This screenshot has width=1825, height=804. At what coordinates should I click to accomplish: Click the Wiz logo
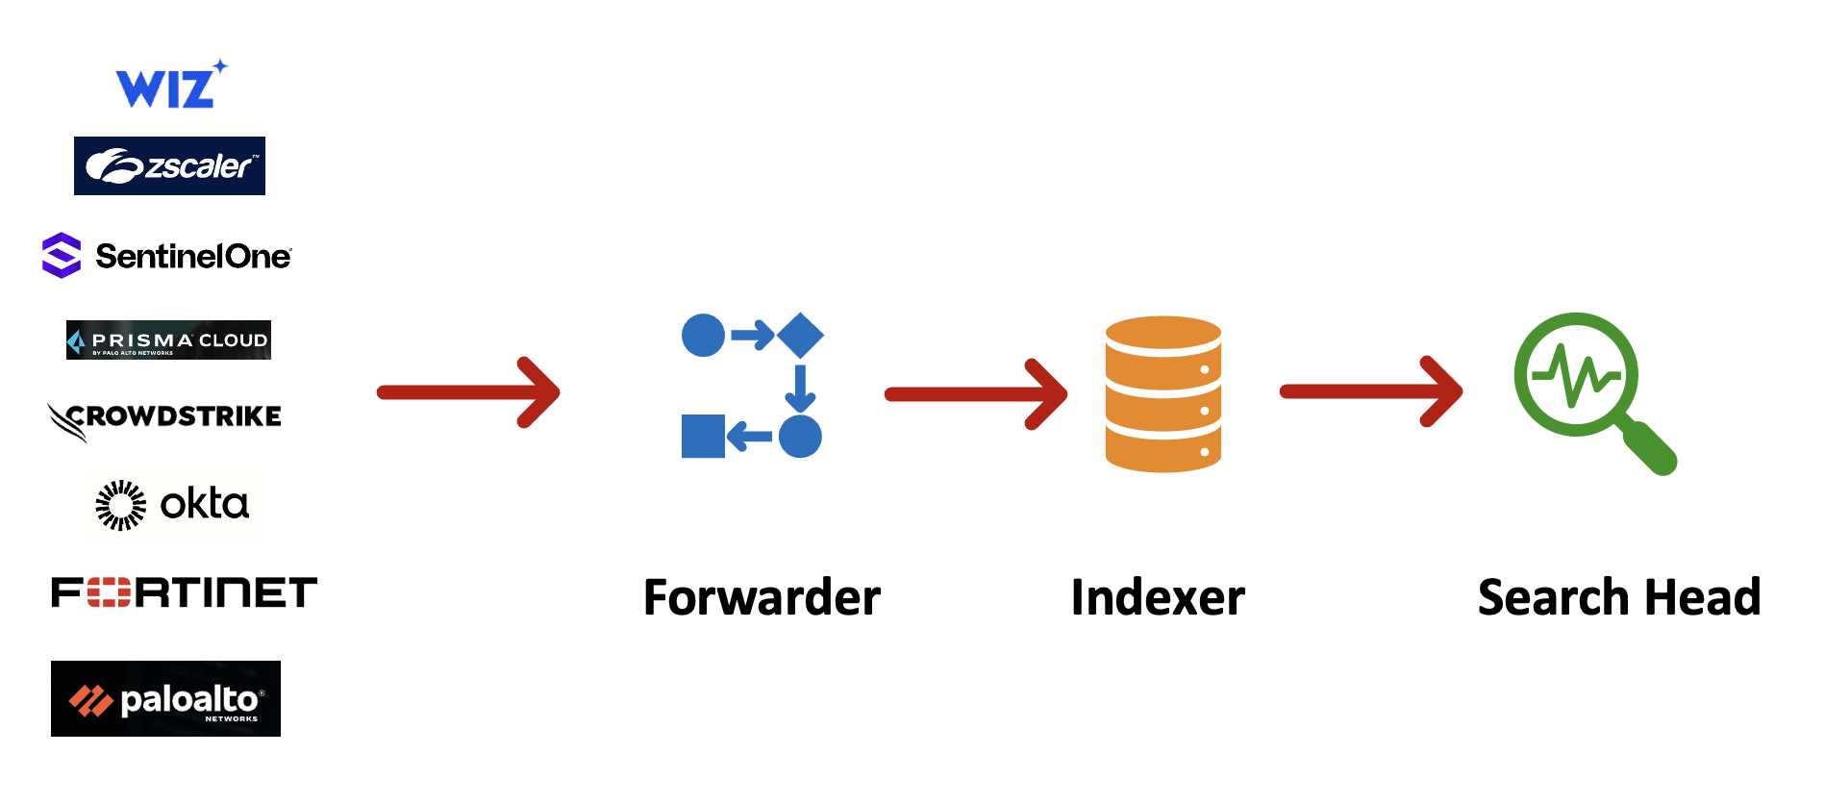tap(169, 86)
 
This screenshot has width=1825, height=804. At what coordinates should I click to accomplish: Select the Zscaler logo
tap(169, 166)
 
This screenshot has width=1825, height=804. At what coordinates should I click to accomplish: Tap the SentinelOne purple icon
tap(62, 256)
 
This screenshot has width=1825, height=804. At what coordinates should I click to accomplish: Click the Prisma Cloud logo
tap(168, 340)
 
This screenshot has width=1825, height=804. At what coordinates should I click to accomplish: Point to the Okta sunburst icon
tap(121, 505)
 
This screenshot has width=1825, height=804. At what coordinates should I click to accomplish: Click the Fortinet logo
tap(184, 592)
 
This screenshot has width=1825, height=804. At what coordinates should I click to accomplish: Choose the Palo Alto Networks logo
tap(165, 699)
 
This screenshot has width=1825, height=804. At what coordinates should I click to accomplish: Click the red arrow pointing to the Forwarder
tap(469, 392)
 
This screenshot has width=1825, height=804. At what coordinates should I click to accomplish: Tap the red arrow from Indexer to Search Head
tap(1371, 391)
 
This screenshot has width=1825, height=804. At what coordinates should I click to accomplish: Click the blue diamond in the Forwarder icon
tap(800, 336)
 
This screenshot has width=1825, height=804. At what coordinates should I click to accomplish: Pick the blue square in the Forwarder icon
tap(703, 437)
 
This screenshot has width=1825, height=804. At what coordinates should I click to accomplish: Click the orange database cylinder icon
tap(1163, 394)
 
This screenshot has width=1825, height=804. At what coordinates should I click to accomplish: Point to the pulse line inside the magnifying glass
tap(1577, 375)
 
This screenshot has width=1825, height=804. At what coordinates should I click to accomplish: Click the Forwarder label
tap(762, 597)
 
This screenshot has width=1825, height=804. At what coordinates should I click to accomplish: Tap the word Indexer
tap(1158, 597)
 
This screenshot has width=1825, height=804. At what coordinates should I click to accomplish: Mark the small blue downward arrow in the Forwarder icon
tap(800, 388)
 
